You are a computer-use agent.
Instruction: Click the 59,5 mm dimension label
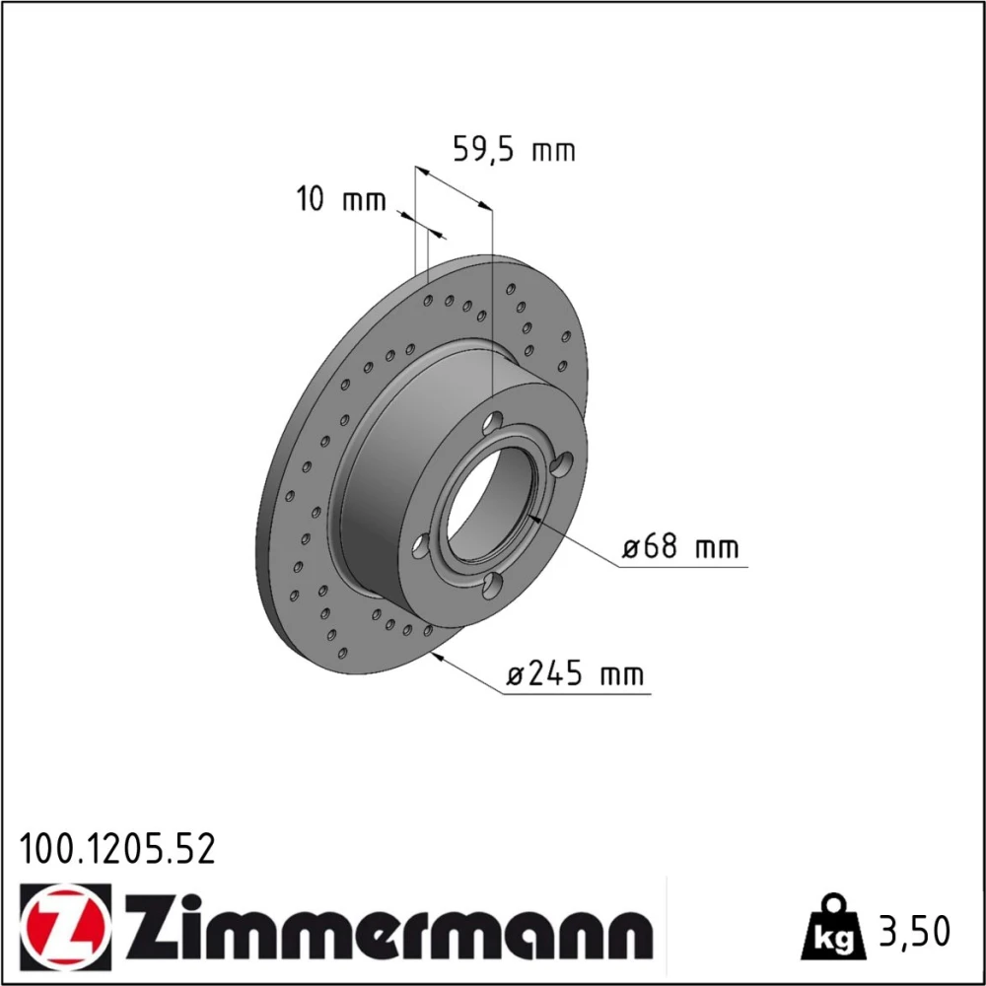[514, 150]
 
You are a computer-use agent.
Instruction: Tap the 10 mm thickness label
[340, 199]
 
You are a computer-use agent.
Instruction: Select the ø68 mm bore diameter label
[679, 546]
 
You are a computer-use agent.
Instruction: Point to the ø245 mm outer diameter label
[576, 674]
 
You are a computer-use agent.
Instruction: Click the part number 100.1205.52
[117, 849]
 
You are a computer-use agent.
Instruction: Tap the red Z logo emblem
[65, 927]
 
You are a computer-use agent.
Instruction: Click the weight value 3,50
[914, 932]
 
